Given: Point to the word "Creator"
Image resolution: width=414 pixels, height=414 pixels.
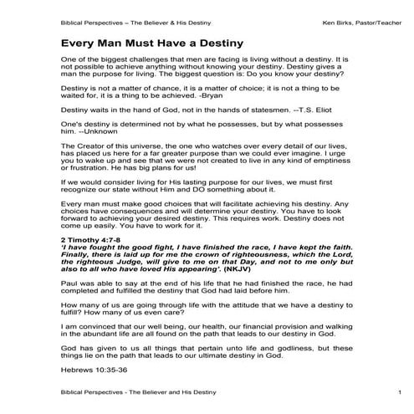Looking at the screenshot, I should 89,169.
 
